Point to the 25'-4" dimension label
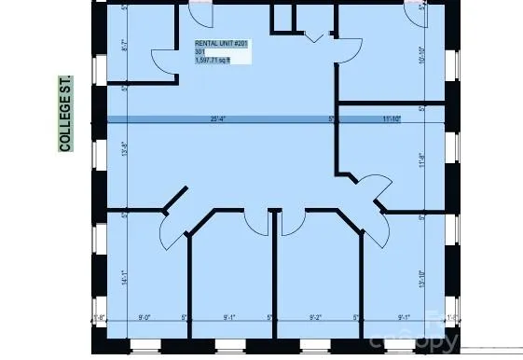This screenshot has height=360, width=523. (x=219, y=119)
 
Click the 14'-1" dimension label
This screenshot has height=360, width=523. (x=125, y=275)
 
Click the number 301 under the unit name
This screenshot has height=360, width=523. (x=200, y=52)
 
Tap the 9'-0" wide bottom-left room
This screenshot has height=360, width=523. (x=145, y=280)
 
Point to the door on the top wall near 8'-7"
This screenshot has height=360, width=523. (x=200, y=13)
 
